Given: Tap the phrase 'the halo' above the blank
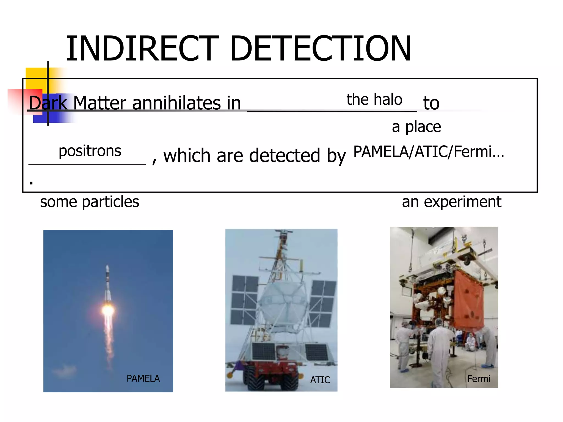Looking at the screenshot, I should click(x=374, y=99).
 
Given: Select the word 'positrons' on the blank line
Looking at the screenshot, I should click(x=90, y=151).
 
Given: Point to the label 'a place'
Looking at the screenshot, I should click(x=416, y=127).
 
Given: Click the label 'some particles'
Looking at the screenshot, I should click(x=90, y=202).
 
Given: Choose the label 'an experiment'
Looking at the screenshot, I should click(x=451, y=202).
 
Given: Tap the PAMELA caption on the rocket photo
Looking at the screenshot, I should click(x=143, y=378).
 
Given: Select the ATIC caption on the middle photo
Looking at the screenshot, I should click(x=320, y=380).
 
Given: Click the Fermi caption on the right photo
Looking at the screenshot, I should click(x=479, y=379).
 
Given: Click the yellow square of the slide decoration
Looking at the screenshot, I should click(x=36, y=78).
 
